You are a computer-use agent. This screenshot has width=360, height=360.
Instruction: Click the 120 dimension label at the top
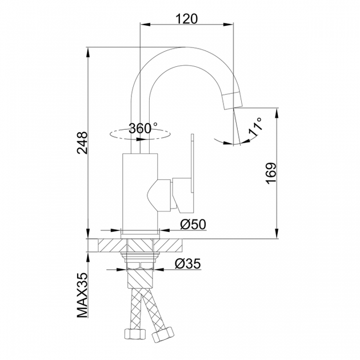pos(186,19)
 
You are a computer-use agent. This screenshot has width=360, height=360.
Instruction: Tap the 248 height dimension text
pos(82,143)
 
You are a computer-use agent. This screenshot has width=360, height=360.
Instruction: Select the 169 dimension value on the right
pos(271,173)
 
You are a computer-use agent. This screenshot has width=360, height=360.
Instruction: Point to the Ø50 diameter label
pos(193,225)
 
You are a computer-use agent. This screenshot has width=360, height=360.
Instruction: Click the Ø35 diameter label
pos(187,263)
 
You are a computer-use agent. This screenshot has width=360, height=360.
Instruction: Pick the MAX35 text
pos(82,295)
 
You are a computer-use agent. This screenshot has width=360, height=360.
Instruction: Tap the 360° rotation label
pos(143,128)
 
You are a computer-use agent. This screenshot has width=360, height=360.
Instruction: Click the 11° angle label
pos(255,127)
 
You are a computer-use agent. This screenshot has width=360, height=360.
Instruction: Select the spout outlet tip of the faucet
pos(233,101)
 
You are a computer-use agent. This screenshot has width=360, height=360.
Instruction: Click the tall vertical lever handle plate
pos(193,163)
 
